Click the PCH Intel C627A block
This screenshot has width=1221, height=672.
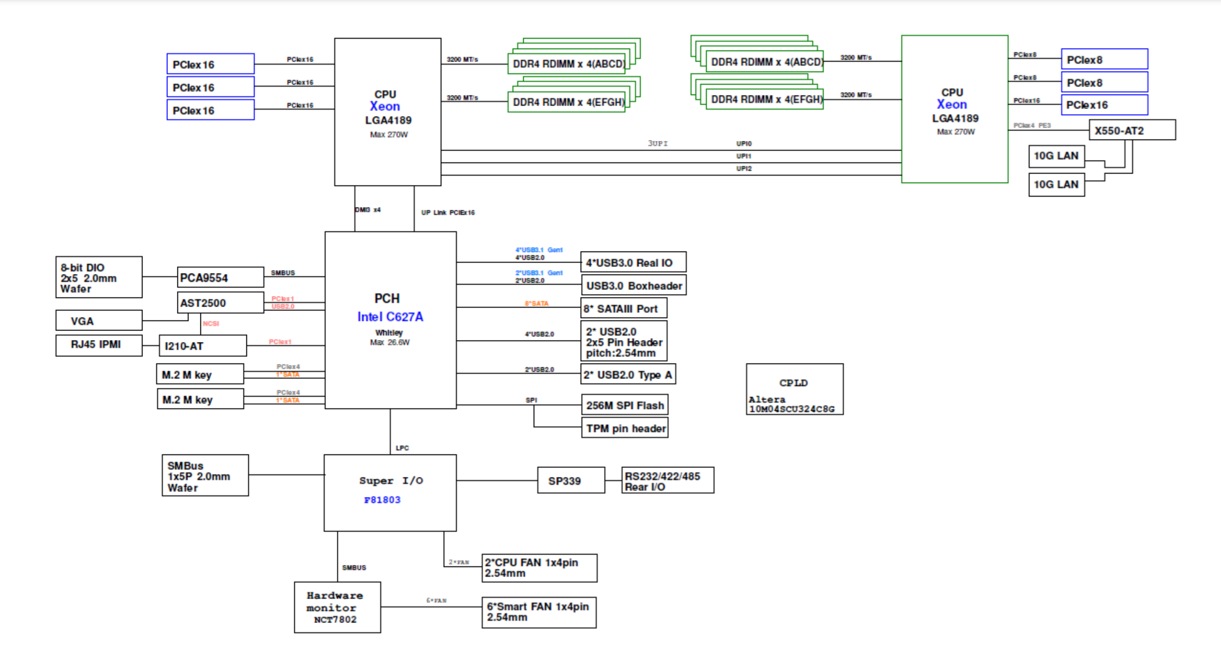(x=390, y=320)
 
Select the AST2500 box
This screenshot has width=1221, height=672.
(x=220, y=303)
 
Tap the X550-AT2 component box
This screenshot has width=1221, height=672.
(x=1132, y=130)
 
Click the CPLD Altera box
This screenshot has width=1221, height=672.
(x=794, y=389)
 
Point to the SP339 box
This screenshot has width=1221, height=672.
(x=571, y=480)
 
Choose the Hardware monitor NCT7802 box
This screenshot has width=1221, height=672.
(x=337, y=607)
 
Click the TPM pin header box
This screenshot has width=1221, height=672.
(x=625, y=428)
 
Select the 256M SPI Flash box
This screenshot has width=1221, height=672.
(x=625, y=405)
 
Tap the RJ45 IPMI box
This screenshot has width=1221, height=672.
(x=98, y=345)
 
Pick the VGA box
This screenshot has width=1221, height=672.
(x=98, y=321)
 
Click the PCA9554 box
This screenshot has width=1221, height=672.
(x=220, y=277)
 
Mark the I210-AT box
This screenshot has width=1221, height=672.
(x=202, y=346)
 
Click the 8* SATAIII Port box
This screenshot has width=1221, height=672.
(x=623, y=308)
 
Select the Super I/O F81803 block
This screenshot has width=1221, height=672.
(x=390, y=492)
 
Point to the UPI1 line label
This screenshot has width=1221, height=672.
(x=744, y=156)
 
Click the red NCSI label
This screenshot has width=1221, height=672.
(x=211, y=323)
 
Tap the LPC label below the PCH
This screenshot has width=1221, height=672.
(x=402, y=448)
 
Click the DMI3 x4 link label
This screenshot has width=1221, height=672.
(x=368, y=210)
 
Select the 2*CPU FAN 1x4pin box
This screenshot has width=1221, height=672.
(x=539, y=568)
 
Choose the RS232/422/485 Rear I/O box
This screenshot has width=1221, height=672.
(x=667, y=481)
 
